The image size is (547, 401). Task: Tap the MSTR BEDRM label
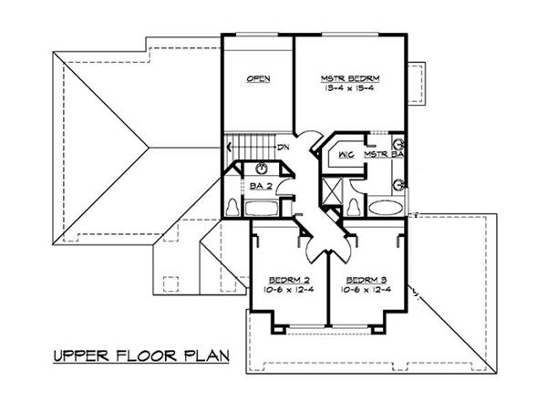coord(351,79)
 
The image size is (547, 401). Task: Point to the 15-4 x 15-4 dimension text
coord(351,90)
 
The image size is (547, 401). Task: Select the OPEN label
coord(258,79)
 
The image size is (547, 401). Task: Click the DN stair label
coord(284,145)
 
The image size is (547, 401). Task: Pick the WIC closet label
coord(345,155)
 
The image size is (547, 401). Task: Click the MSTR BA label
coord(384,155)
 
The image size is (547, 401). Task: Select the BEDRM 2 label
coord(286,279)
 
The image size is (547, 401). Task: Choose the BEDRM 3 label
coord(365,279)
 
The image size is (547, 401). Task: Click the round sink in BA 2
coord(262,168)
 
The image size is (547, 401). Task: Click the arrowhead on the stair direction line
coord(229,145)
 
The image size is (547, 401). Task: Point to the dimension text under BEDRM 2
coord(286,290)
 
